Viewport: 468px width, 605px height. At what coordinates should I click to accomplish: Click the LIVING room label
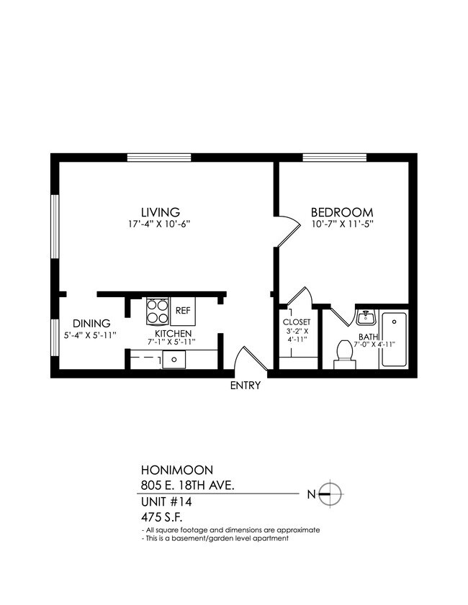[160, 212]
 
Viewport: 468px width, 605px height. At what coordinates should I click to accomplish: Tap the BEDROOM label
[341, 212]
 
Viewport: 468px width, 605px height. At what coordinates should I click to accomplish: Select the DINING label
[91, 323]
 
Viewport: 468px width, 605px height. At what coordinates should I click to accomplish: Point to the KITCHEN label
[173, 334]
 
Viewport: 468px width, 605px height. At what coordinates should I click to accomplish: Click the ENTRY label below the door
[245, 386]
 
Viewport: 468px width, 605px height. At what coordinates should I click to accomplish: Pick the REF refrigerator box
[183, 311]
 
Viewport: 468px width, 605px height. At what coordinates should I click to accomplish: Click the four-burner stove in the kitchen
[157, 311]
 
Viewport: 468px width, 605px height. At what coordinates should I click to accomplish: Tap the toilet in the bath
[344, 354]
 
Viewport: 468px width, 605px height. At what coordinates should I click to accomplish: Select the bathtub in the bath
[394, 340]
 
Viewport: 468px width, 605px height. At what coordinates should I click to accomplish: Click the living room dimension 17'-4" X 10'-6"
[160, 224]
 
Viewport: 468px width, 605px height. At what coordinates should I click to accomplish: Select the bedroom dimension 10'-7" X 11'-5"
[341, 224]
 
